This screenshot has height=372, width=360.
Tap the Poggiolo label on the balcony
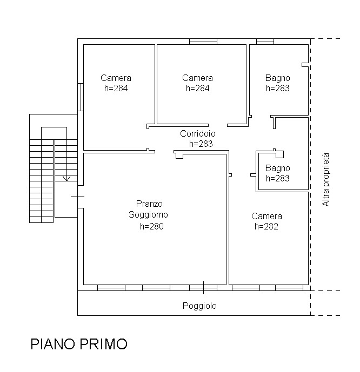(x=199, y=306)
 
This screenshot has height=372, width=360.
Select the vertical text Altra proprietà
(x=325, y=180)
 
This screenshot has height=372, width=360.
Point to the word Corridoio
(x=197, y=133)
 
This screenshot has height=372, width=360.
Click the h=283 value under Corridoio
(x=201, y=144)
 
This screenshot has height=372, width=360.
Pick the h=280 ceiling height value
(x=151, y=227)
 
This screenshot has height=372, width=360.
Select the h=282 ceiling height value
(x=266, y=227)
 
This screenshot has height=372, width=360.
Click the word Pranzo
(x=149, y=204)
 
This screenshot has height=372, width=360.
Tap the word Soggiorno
(x=148, y=214)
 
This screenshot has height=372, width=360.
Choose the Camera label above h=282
(x=266, y=216)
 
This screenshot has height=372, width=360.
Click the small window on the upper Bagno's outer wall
(x=265, y=41)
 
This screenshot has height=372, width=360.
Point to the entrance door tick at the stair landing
(x=78, y=197)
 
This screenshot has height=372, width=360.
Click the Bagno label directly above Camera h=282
(x=277, y=168)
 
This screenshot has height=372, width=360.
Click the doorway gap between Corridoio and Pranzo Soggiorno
(x=164, y=152)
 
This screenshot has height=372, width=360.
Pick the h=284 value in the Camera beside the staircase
(x=116, y=89)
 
